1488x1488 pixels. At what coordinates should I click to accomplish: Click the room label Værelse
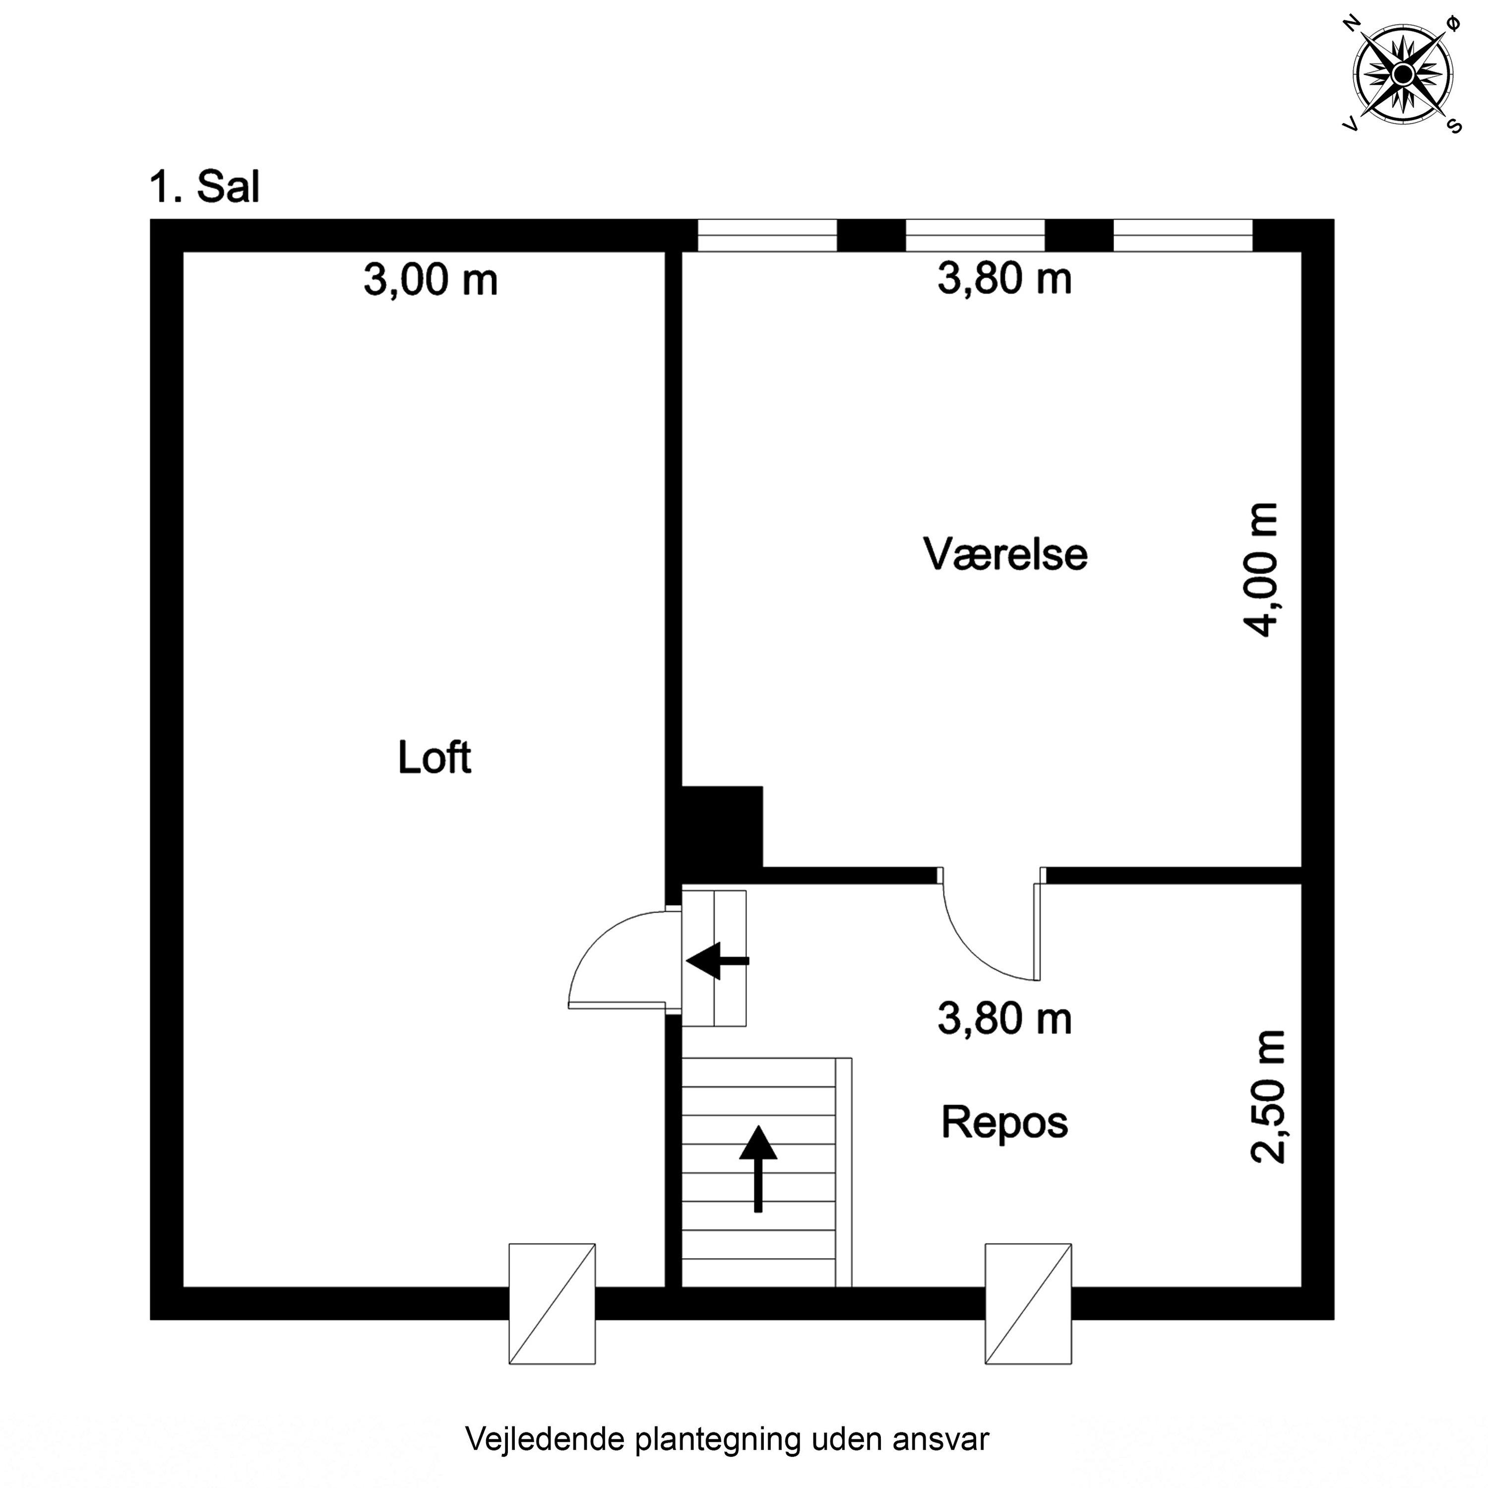[1005, 555]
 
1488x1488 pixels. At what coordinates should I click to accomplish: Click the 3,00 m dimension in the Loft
[431, 280]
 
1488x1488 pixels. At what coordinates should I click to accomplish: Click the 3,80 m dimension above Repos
[1004, 1019]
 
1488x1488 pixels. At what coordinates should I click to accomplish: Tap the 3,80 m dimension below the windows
[1004, 279]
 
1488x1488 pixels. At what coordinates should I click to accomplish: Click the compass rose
[1403, 74]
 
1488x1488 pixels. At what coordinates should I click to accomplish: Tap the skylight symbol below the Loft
[552, 1304]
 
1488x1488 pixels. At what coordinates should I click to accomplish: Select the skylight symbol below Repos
[1028, 1304]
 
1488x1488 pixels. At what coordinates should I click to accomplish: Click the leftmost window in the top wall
[767, 236]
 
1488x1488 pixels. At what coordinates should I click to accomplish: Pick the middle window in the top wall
[975, 236]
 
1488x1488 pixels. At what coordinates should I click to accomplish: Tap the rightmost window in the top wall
[1183, 236]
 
